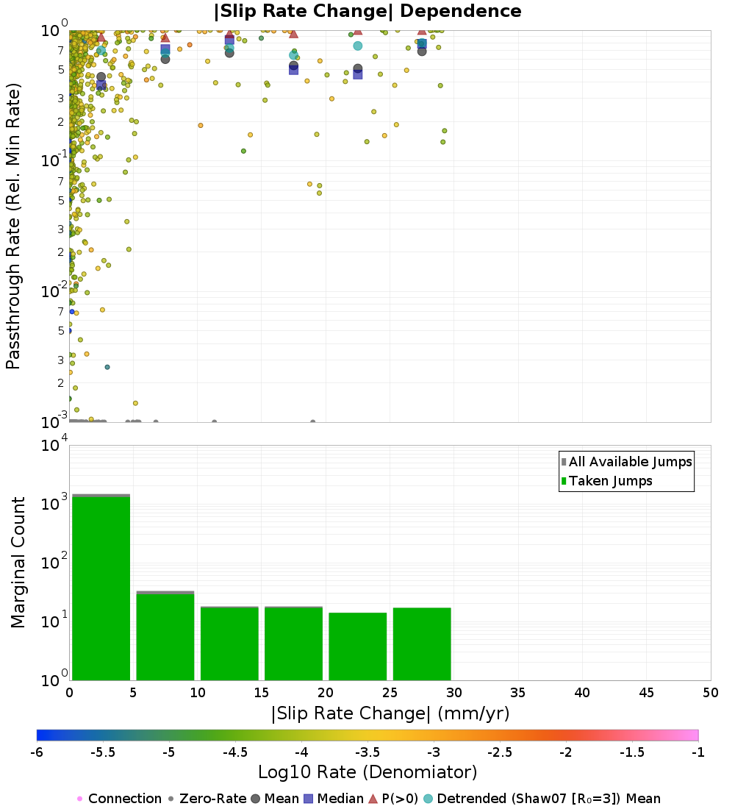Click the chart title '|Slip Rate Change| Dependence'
(367, 12)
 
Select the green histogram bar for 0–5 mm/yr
(101, 588)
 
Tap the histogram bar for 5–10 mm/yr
(165, 636)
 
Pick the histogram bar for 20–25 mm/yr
(357, 646)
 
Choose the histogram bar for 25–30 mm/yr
(422, 644)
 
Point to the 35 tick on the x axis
(518, 693)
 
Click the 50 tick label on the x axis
(710, 693)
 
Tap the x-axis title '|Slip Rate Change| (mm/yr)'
(390, 713)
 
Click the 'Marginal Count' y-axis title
(18, 563)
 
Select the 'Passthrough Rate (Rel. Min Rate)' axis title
(13, 226)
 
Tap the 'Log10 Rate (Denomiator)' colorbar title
(367, 772)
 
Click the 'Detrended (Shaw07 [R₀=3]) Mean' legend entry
(548, 799)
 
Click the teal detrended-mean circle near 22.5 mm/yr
(357, 46)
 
